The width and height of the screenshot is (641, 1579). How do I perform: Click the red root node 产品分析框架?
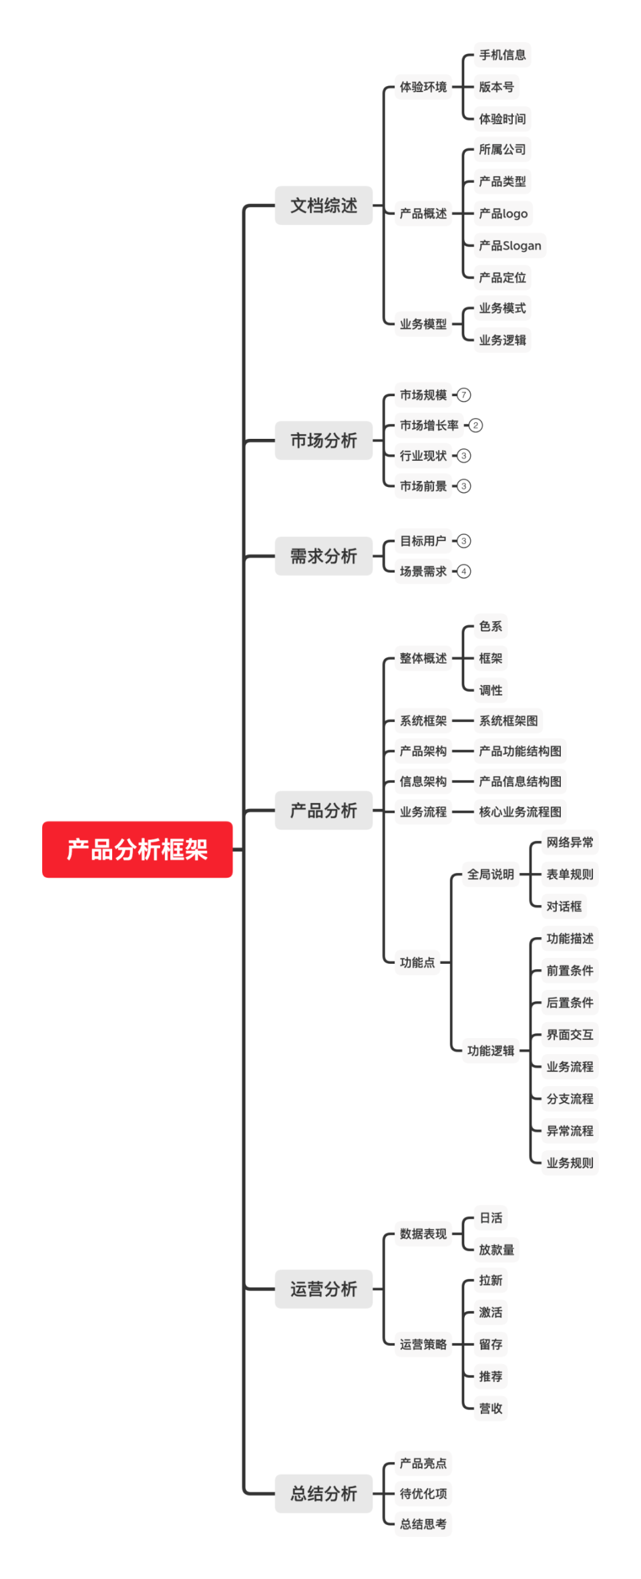pos(137,849)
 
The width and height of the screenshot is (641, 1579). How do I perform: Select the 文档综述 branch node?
pos(323,205)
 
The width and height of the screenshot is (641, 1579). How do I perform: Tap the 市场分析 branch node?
pos(323,440)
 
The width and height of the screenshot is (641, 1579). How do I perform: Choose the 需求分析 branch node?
pos(323,556)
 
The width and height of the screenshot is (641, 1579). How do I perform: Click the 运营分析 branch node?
pos(323,1288)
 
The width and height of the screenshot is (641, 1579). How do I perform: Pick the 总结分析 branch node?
pos(323,1493)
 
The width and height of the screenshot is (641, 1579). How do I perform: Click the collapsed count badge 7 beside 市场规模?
pos(464,395)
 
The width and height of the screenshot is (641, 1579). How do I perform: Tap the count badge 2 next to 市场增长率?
pos(475,425)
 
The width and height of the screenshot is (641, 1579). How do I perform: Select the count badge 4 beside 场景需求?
pos(464,571)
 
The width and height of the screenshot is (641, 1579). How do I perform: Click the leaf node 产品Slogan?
pos(509,245)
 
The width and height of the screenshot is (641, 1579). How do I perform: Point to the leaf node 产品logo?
pos(503,213)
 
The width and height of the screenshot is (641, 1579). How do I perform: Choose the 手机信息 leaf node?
pos(502,55)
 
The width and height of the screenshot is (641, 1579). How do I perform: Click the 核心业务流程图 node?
pos(519,812)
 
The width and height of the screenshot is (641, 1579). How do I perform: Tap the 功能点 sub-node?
pos(417,962)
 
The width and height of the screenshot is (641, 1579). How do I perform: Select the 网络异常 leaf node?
pos(570,842)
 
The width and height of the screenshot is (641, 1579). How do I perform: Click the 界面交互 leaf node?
pos(570,1035)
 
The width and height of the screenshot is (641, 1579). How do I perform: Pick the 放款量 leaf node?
pos(496,1250)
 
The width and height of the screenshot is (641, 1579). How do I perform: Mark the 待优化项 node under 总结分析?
pos(423,1493)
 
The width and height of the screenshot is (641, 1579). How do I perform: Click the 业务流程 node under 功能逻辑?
pos(570,1067)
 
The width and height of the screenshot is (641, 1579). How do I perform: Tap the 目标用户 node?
pos(423,540)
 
